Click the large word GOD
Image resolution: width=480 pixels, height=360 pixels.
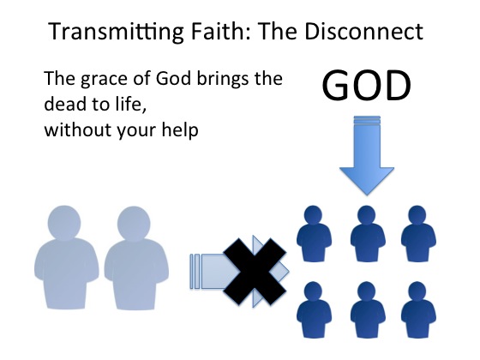[x=367, y=86]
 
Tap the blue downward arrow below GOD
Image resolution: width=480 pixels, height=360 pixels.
[x=367, y=155]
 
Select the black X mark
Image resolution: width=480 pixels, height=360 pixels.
[x=255, y=272]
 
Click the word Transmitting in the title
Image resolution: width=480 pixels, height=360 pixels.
[x=116, y=32]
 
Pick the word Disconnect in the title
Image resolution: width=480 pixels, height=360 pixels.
[x=364, y=31]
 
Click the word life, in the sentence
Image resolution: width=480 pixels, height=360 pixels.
[x=130, y=104]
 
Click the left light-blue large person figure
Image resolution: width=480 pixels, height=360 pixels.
[x=67, y=257]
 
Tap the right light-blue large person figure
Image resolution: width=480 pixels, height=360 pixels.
[x=136, y=258]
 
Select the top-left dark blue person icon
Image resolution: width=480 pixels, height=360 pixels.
[x=314, y=233]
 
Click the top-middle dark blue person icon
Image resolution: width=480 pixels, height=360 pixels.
[x=368, y=233]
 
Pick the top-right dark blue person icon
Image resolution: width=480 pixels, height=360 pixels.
[x=418, y=233]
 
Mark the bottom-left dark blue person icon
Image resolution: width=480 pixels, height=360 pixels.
[x=314, y=309]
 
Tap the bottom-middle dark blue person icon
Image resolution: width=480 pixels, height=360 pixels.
[x=368, y=309]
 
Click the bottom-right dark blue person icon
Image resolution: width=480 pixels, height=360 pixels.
[x=418, y=309]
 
